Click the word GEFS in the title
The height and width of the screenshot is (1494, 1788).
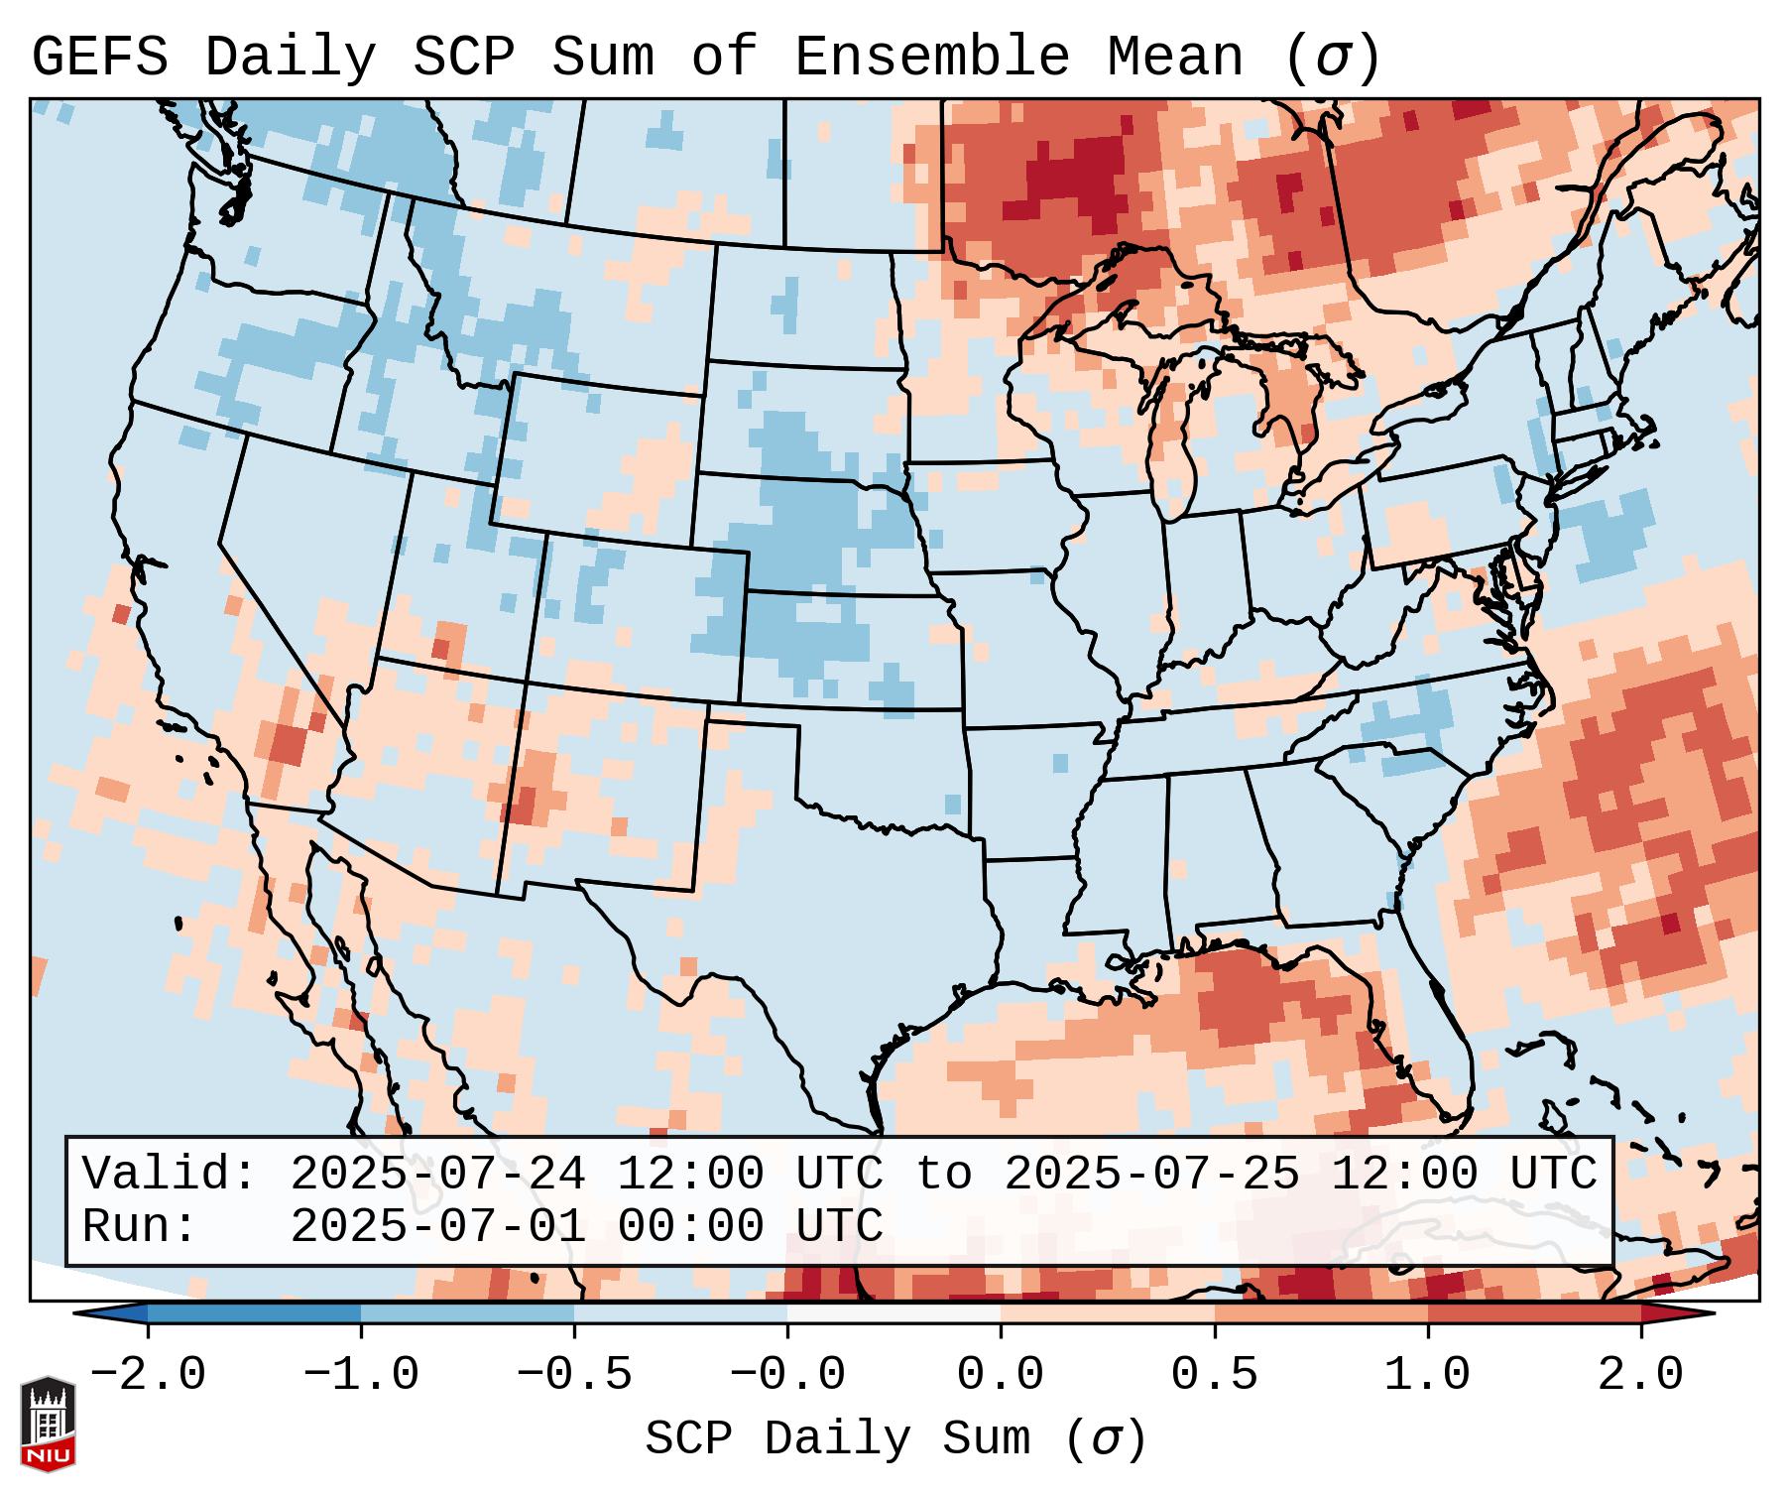(x=99, y=58)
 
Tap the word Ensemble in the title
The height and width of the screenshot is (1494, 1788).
(x=931, y=58)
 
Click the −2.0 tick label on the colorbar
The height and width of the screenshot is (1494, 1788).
(x=148, y=1375)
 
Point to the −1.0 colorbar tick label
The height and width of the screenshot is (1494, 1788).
(x=361, y=1375)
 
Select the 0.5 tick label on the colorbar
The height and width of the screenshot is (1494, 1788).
(x=1214, y=1375)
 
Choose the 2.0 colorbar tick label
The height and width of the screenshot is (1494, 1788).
(x=1641, y=1375)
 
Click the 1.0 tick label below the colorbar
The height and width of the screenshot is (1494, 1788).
(x=1427, y=1375)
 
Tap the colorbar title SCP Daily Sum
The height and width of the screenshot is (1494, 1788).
(x=837, y=1439)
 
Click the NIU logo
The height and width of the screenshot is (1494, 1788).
(x=48, y=1424)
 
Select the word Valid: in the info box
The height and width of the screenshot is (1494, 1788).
(x=170, y=1175)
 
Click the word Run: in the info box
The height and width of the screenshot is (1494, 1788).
(x=140, y=1227)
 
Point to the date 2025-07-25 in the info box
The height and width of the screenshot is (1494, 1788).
(x=1151, y=1175)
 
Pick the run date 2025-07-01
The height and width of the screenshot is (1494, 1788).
(x=437, y=1227)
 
